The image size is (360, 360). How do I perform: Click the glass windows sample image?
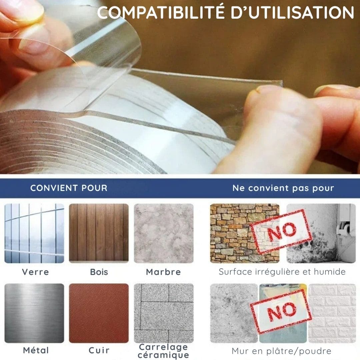[x=34, y=233]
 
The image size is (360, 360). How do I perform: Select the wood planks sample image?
[x=99, y=233]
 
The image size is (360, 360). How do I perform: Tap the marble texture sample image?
[x=163, y=233]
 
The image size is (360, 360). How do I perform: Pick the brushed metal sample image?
[x=34, y=313]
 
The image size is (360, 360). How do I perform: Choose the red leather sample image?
[x=99, y=313]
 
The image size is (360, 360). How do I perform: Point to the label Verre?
[x=35, y=272]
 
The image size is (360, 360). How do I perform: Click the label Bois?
[x=99, y=272]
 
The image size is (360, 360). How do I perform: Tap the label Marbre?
[x=163, y=272]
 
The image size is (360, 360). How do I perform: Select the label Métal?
[x=36, y=350]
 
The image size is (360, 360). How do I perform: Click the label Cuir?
[x=99, y=350]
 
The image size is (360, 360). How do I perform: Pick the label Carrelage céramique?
[x=163, y=351]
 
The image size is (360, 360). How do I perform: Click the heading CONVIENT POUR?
[x=69, y=188]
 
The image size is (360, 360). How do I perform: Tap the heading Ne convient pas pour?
[x=283, y=188]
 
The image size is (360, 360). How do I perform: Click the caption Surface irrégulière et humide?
[x=282, y=272]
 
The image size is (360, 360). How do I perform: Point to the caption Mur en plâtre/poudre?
[x=281, y=351]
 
